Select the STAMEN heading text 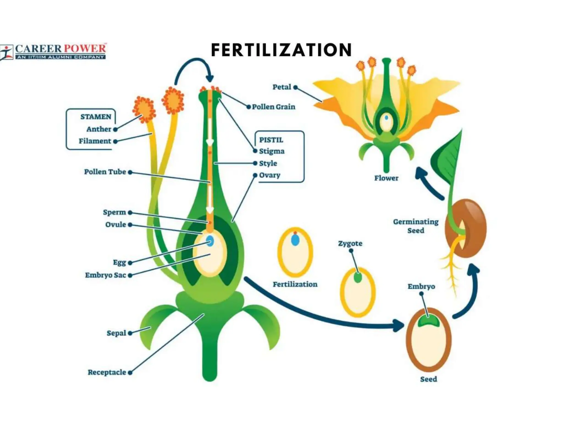96,117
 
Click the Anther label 99,129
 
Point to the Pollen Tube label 105,172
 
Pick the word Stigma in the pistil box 272,151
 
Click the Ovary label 269,175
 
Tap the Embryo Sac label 106,275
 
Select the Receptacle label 107,372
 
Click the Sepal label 116,333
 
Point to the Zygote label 350,243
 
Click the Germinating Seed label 416,226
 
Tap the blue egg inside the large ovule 210,241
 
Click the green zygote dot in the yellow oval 358,277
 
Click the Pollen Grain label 274,107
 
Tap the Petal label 281,87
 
